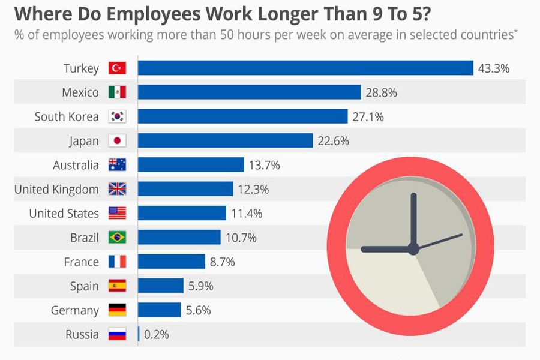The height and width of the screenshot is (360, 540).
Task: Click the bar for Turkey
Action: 305,68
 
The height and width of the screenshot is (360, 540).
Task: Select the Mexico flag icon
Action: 117,92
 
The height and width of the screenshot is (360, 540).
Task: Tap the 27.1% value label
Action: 368,117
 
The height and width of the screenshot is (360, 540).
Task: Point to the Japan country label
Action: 84,141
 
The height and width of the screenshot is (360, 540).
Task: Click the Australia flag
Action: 117,165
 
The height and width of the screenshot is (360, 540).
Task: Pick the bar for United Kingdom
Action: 185,190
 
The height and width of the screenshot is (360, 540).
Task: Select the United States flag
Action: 117,214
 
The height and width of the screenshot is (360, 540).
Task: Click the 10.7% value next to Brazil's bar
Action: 241,238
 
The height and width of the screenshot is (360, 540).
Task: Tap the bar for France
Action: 172,262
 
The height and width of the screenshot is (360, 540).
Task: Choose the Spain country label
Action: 85,286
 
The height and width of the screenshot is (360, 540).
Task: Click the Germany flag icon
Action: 117,310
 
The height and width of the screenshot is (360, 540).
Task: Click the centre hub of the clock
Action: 413,249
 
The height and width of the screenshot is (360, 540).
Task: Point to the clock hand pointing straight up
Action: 413,219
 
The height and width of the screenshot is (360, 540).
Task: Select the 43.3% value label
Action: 493,68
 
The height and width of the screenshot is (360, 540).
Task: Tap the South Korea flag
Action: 117,117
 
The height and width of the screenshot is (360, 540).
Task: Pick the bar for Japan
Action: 226,141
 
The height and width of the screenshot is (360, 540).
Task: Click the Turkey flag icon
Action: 117,68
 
